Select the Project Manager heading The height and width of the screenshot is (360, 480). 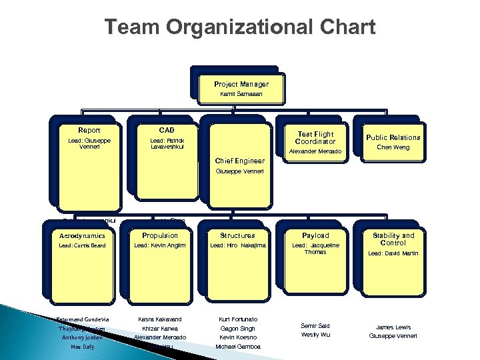[x=241, y=85]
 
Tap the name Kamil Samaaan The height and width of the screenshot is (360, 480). [x=241, y=95]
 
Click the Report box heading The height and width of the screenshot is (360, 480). [x=89, y=130]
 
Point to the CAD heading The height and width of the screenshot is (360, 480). [x=167, y=130]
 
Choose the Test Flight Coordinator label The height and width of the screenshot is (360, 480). [x=316, y=138]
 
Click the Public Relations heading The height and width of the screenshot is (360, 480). [x=393, y=137]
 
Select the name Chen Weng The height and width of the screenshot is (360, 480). [x=393, y=147]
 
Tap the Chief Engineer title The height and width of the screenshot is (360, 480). [x=240, y=161]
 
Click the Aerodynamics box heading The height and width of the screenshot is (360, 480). [x=83, y=235]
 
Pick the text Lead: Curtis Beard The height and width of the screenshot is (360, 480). [x=83, y=246]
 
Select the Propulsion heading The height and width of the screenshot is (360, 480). [x=160, y=235]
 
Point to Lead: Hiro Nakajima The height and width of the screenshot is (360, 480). [x=238, y=246]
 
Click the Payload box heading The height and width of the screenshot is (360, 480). [x=315, y=235]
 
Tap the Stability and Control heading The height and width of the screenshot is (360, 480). [x=393, y=239]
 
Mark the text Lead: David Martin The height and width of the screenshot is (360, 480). [x=393, y=253]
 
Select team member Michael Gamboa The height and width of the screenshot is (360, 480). [x=238, y=347]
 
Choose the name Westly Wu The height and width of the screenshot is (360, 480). [x=315, y=335]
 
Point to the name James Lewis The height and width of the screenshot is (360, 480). [x=393, y=327]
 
